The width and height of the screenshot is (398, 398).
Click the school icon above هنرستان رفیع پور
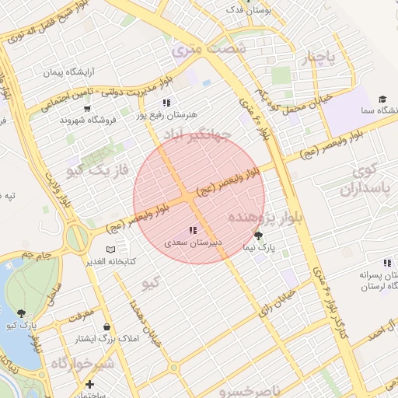(x=166, y=103)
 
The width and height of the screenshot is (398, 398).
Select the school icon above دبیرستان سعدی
(x=192, y=230)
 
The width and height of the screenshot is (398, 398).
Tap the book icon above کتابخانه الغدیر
(x=110, y=249)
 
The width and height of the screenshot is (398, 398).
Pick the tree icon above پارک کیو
(x=21, y=313)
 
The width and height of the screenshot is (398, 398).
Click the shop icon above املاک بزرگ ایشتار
(x=106, y=327)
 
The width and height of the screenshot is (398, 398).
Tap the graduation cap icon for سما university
(x=382, y=99)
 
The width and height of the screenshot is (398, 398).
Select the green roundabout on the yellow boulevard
(x=78, y=238)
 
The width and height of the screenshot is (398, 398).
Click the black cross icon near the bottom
(x=90, y=384)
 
